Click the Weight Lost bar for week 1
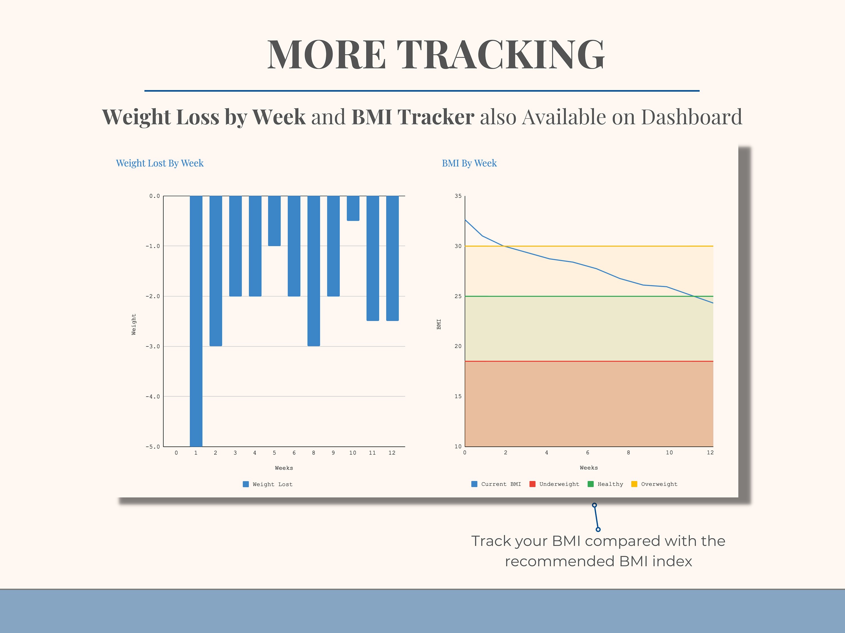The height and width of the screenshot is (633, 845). [196, 320]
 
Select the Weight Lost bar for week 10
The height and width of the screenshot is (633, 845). [353, 208]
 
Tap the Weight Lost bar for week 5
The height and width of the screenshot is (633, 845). [274, 221]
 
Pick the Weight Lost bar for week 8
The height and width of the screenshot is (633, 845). [313, 271]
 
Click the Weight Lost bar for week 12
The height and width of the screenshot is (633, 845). [392, 258]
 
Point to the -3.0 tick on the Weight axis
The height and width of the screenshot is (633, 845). [153, 346]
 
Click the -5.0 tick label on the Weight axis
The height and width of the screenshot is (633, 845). [153, 446]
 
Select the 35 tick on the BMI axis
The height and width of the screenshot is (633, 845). [458, 196]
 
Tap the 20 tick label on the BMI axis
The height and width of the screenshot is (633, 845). [458, 346]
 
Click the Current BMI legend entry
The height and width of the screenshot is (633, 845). [496, 484]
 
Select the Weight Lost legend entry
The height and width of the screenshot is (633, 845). [268, 484]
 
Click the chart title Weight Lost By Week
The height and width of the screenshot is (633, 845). [160, 163]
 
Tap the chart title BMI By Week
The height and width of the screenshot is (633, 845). [469, 163]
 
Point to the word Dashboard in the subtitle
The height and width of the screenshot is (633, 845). [691, 117]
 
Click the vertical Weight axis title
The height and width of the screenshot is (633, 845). [134, 324]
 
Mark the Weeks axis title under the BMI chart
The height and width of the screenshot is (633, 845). [589, 468]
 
